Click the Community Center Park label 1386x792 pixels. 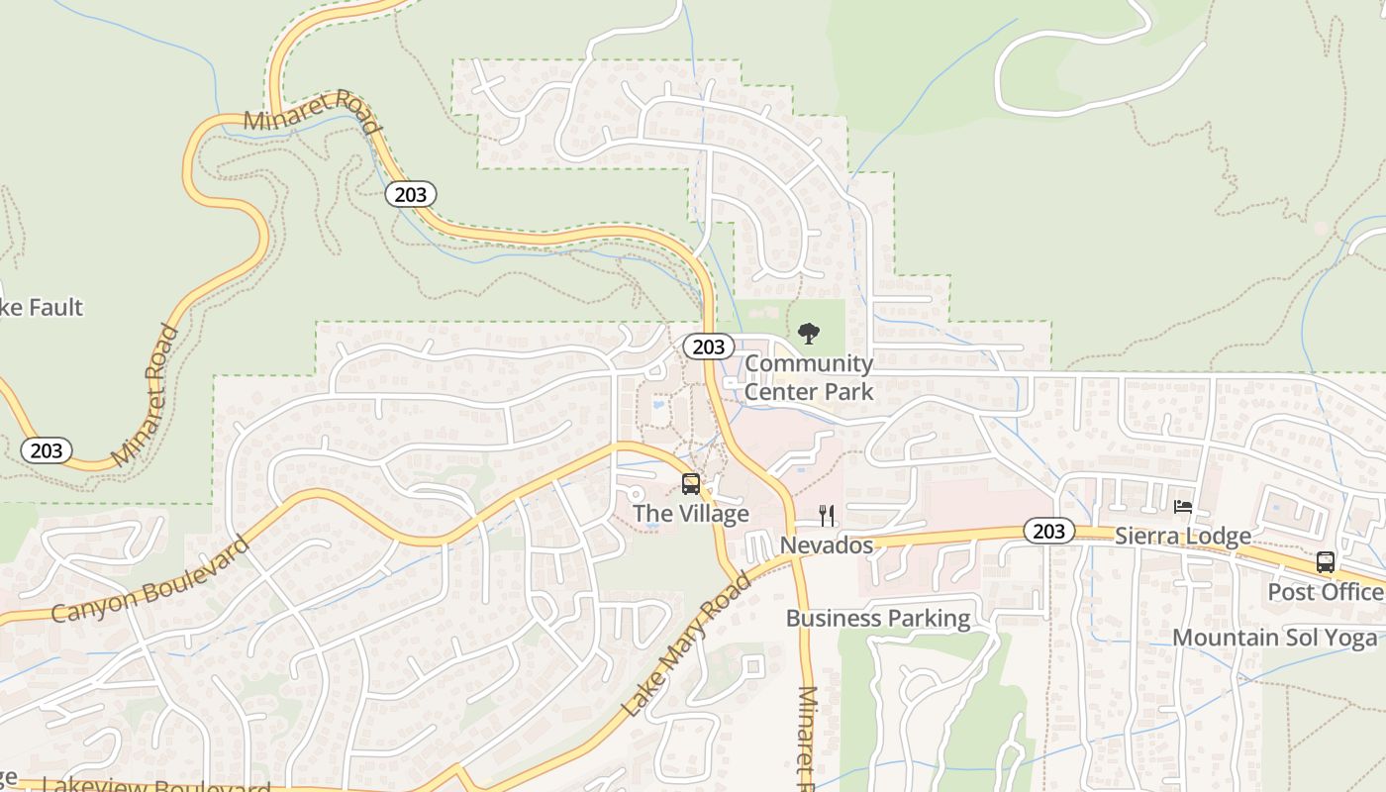coord(809,377)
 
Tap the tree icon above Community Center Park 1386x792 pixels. coord(809,334)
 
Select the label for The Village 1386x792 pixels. coord(691,514)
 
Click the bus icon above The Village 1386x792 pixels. coord(691,484)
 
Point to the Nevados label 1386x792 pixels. coord(827,545)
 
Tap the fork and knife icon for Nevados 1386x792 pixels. coord(827,515)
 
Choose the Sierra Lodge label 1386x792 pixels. coord(1183,537)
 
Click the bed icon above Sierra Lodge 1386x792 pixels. coord(1183,507)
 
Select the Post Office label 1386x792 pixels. coord(1326,592)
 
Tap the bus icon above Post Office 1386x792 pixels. coord(1326,562)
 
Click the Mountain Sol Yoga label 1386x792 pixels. coord(1275,637)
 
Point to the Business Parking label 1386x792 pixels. coord(878,619)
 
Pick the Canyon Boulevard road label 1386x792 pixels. coord(149,580)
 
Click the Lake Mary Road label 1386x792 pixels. coord(686,644)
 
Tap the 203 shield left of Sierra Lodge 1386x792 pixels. coord(1048,532)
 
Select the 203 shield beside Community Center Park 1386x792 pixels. coord(709,346)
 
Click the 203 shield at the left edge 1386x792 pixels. coord(47,451)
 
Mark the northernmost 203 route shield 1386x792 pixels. coord(411,194)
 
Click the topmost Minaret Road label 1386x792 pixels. coord(311,110)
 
